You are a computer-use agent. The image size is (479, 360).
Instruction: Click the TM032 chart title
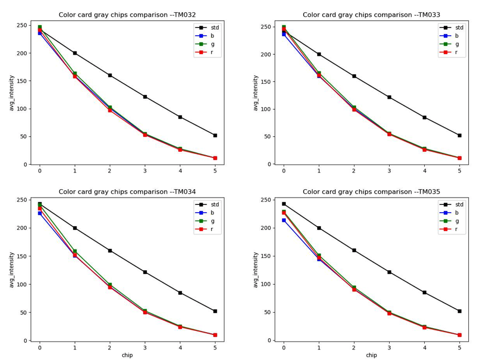[127, 15]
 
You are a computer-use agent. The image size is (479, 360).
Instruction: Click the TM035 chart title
[371, 191]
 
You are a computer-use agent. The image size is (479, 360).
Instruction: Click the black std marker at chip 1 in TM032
[75, 53]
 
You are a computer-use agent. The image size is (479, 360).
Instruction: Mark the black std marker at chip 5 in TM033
[459, 135]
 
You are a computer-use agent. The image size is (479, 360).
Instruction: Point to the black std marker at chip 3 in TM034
[145, 272]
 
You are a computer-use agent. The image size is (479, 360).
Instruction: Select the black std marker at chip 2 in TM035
[354, 250]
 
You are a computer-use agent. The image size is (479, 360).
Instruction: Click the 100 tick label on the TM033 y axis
[265, 109]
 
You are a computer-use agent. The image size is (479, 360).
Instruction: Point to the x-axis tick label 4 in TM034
[180, 348]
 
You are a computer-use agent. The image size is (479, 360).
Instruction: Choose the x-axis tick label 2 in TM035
[354, 348]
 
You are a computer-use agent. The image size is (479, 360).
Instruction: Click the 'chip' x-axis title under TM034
[127, 356]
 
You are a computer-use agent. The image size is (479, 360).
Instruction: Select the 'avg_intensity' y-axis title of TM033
[256, 93]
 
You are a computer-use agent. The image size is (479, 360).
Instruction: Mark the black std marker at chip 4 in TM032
[180, 117]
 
